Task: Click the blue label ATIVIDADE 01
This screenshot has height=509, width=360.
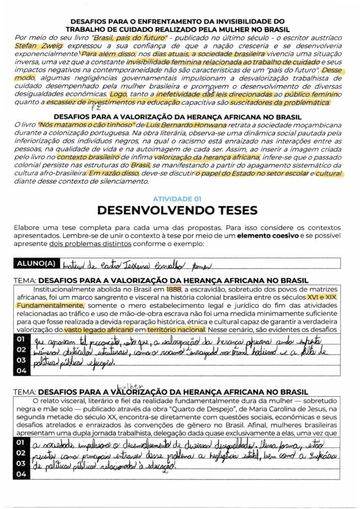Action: point(177,198)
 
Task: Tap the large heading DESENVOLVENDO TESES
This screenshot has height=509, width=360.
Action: point(177,210)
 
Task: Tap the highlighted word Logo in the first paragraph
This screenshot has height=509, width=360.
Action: point(118,94)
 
